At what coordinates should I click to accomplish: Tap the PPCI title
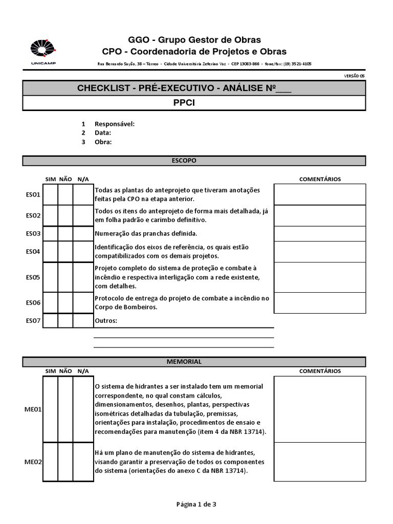[194, 102]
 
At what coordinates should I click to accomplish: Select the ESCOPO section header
[194, 161]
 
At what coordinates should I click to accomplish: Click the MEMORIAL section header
[194, 362]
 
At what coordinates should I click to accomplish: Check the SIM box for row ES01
[50, 194]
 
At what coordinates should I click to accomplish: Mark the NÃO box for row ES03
[65, 234]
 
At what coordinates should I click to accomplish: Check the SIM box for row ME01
[50, 409]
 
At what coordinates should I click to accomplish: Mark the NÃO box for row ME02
[65, 462]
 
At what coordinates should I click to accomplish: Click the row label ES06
[33, 303]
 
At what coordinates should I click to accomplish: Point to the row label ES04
[33, 251]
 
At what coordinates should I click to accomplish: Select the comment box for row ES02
[320, 215]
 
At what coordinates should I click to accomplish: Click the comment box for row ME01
[320, 409]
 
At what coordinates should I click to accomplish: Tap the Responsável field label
[115, 124]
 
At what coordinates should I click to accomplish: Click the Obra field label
[103, 142]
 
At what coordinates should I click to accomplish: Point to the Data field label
[103, 133]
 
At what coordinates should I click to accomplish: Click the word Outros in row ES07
[106, 321]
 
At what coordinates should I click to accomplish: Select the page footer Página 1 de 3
[196, 504]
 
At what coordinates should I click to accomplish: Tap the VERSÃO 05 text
[355, 75]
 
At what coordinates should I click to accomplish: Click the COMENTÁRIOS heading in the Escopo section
[320, 179]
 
